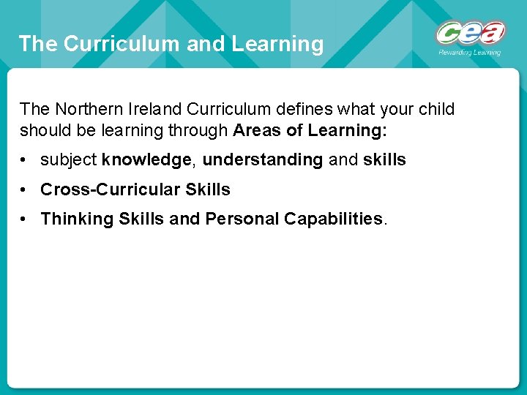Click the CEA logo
[x=470, y=34]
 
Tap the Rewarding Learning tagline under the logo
[x=469, y=53]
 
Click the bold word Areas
[x=255, y=130]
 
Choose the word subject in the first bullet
[x=69, y=160]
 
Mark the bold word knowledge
[x=146, y=160]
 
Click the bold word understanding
[x=262, y=160]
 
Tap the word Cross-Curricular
[x=111, y=189]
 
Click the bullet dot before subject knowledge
[x=26, y=160]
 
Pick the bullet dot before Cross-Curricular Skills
[x=26, y=189]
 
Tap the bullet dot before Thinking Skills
[x=26, y=219]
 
